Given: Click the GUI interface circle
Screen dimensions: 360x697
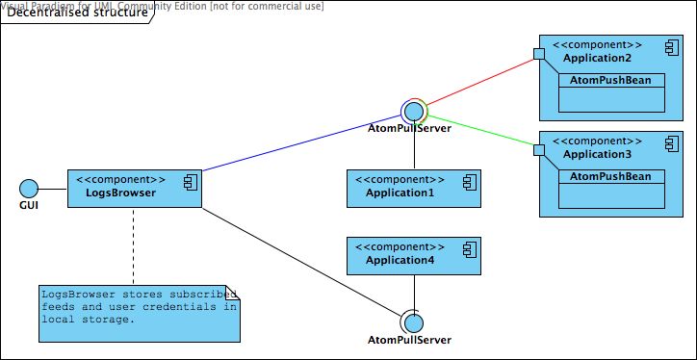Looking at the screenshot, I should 28,189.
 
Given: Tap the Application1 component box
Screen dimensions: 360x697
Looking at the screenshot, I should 414,189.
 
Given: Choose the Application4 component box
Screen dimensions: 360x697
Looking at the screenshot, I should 414,256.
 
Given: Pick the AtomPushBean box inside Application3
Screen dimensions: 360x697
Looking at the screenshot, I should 611,176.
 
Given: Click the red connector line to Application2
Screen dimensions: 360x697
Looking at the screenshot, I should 481,81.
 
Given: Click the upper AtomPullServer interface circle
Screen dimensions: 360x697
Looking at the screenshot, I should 415,110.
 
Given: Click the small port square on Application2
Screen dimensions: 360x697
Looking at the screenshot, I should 540,54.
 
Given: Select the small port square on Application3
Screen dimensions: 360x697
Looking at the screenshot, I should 540,149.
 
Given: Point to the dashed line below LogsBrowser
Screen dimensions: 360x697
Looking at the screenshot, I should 133,245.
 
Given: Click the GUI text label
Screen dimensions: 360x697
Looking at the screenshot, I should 28,206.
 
